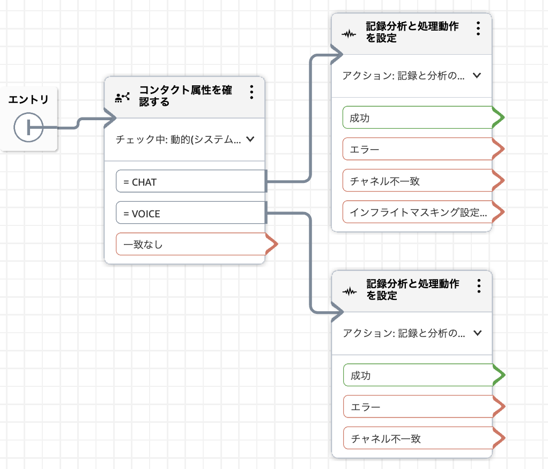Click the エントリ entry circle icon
pos(28,128)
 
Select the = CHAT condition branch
pos(191,182)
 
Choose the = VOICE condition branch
pos(191,214)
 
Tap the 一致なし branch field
pos(191,245)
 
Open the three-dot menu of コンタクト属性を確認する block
pos(251,92)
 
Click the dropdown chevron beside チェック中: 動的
pos(249,140)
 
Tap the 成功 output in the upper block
pos(417,118)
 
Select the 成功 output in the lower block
pos(417,376)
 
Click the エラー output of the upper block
pos(417,149)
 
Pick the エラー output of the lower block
pos(417,407)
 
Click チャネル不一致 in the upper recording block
pos(417,181)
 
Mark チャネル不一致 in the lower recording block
pos(417,438)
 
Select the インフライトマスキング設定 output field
pos(417,212)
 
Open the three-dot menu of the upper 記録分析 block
pos(478,28)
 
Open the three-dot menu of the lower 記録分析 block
pos(478,285)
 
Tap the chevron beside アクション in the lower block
pos(477,333)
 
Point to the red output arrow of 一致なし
pos(272,245)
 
